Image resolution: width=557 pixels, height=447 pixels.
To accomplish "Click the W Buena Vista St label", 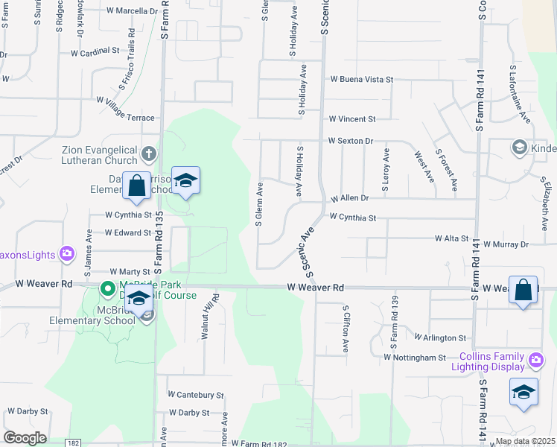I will pyautogui.click(x=361, y=79).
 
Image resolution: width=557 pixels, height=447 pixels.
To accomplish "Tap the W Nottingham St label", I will pyautogui.click(x=414, y=358).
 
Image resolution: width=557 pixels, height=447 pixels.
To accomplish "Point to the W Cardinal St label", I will pyautogui.click(x=95, y=53).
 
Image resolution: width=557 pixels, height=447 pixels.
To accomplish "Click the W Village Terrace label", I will pyautogui.click(x=125, y=118).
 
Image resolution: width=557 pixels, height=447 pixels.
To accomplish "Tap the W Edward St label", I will pyautogui.click(x=127, y=232).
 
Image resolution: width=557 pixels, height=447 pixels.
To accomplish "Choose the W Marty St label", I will pyautogui.click(x=130, y=273).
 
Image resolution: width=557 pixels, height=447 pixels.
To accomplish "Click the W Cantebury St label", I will pyautogui.click(x=195, y=394).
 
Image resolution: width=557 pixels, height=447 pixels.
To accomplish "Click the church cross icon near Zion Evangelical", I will pyautogui.click(x=149, y=155).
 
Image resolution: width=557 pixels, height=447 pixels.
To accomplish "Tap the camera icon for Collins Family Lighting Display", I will pyautogui.click(x=535, y=361).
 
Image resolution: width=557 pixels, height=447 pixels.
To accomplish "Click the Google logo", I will pyautogui.click(x=25, y=438).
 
